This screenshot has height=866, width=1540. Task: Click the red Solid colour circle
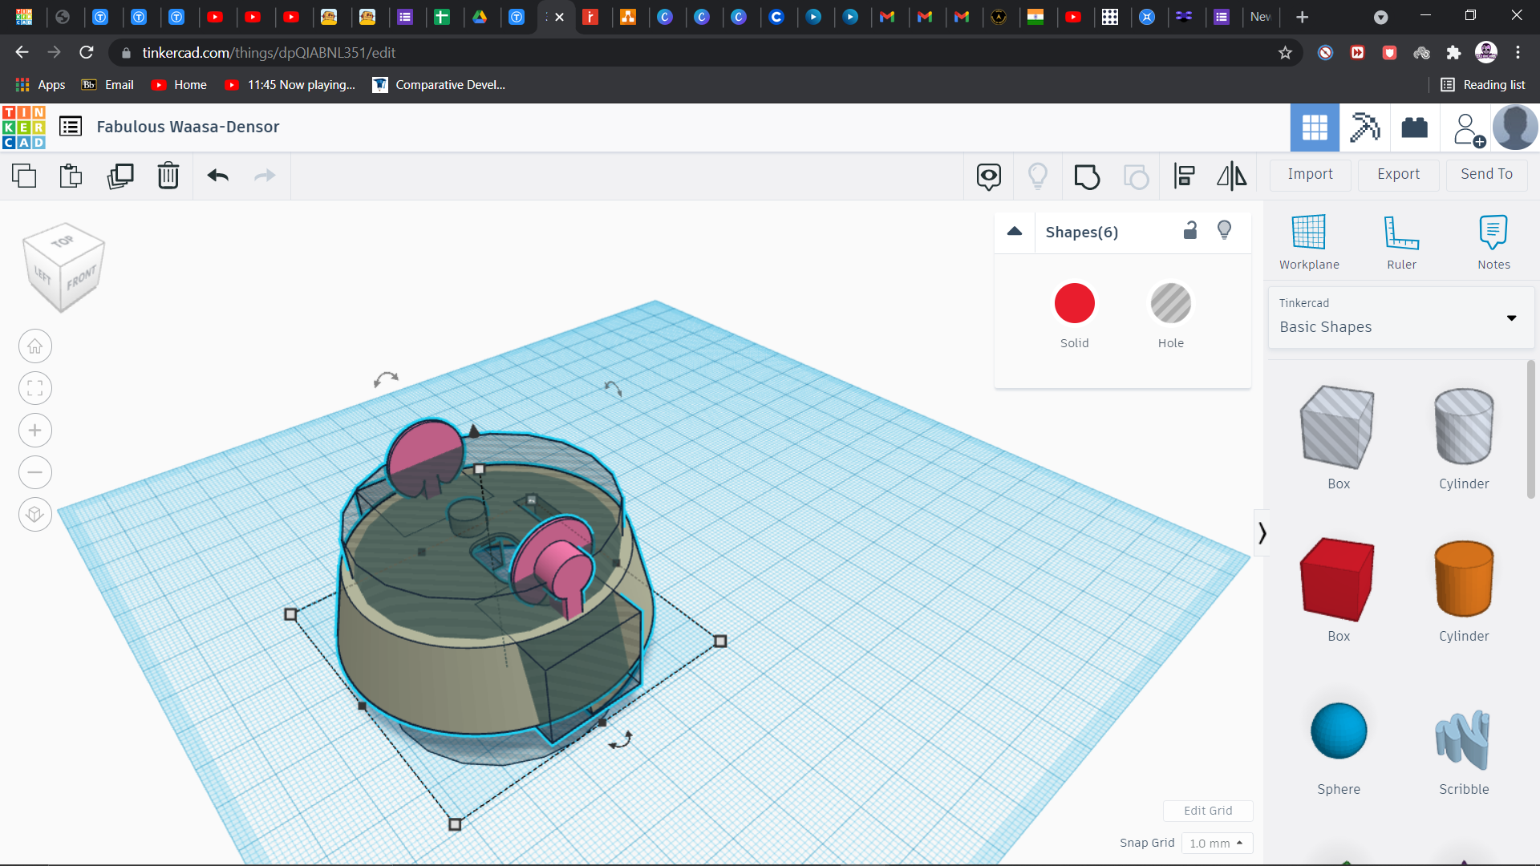[x=1074, y=303]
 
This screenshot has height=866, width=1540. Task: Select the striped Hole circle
[x=1170, y=303]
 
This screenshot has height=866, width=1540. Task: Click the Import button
[x=1310, y=174]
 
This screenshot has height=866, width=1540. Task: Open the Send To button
[x=1486, y=174]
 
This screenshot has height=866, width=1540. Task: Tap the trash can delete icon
[x=168, y=175]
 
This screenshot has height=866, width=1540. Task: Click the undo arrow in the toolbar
[x=217, y=175]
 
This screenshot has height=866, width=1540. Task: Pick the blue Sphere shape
[x=1339, y=730]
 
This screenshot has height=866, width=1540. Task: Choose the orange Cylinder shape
[x=1464, y=578]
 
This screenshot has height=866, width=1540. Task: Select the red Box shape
[x=1337, y=579]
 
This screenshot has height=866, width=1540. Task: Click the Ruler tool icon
[x=1401, y=233]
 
